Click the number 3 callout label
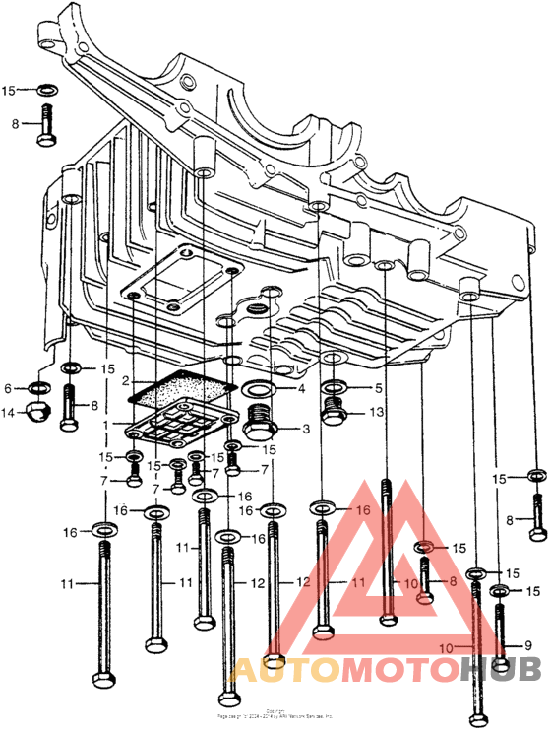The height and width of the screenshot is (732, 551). click(x=306, y=429)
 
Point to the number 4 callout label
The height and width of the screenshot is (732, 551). click(x=304, y=389)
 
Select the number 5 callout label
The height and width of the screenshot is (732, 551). click(x=378, y=388)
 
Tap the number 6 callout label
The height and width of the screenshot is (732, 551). click(x=8, y=388)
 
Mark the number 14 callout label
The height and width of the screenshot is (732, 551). click(x=8, y=413)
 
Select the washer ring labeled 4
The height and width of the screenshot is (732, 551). click(x=257, y=389)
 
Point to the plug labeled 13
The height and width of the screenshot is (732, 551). click(x=334, y=414)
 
